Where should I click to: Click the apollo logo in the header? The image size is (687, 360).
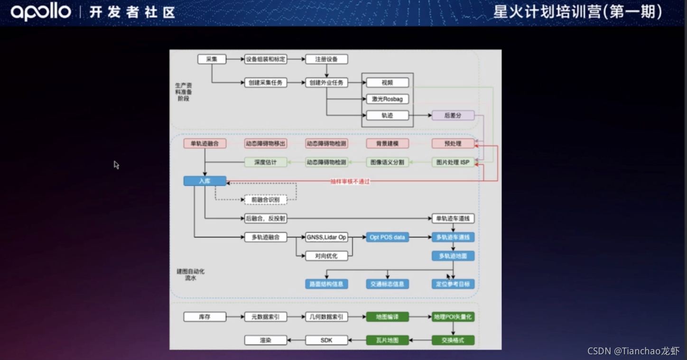pos(41,11)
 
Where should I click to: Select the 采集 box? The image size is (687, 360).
pos(212,59)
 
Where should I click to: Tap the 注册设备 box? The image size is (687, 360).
pos(326,59)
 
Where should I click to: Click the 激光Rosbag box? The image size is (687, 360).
pos(387,99)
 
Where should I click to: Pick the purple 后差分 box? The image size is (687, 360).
pos(453,115)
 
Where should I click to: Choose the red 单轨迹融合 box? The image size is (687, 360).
pos(204,143)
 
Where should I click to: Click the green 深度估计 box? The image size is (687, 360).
pos(265,162)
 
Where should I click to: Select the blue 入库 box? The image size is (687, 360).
pos(204,181)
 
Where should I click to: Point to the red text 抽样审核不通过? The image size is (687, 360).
pos(350,182)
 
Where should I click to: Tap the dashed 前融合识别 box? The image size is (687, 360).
pos(265,200)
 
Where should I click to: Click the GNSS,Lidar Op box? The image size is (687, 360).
pos(326,237)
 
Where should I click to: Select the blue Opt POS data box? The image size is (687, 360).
pos(387,237)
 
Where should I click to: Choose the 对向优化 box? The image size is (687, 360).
pos(326,256)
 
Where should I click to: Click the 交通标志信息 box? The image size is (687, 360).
pos(387,284)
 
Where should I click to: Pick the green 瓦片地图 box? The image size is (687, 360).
pos(387,340)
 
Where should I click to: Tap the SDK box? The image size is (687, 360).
pos(326,340)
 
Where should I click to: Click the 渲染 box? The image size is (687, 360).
pos(265,340)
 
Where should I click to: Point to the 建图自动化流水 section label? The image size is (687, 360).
pos(190,275)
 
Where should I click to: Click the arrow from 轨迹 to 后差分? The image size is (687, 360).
pos(420,115)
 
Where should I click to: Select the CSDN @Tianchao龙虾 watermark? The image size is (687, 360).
pos(633,351)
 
